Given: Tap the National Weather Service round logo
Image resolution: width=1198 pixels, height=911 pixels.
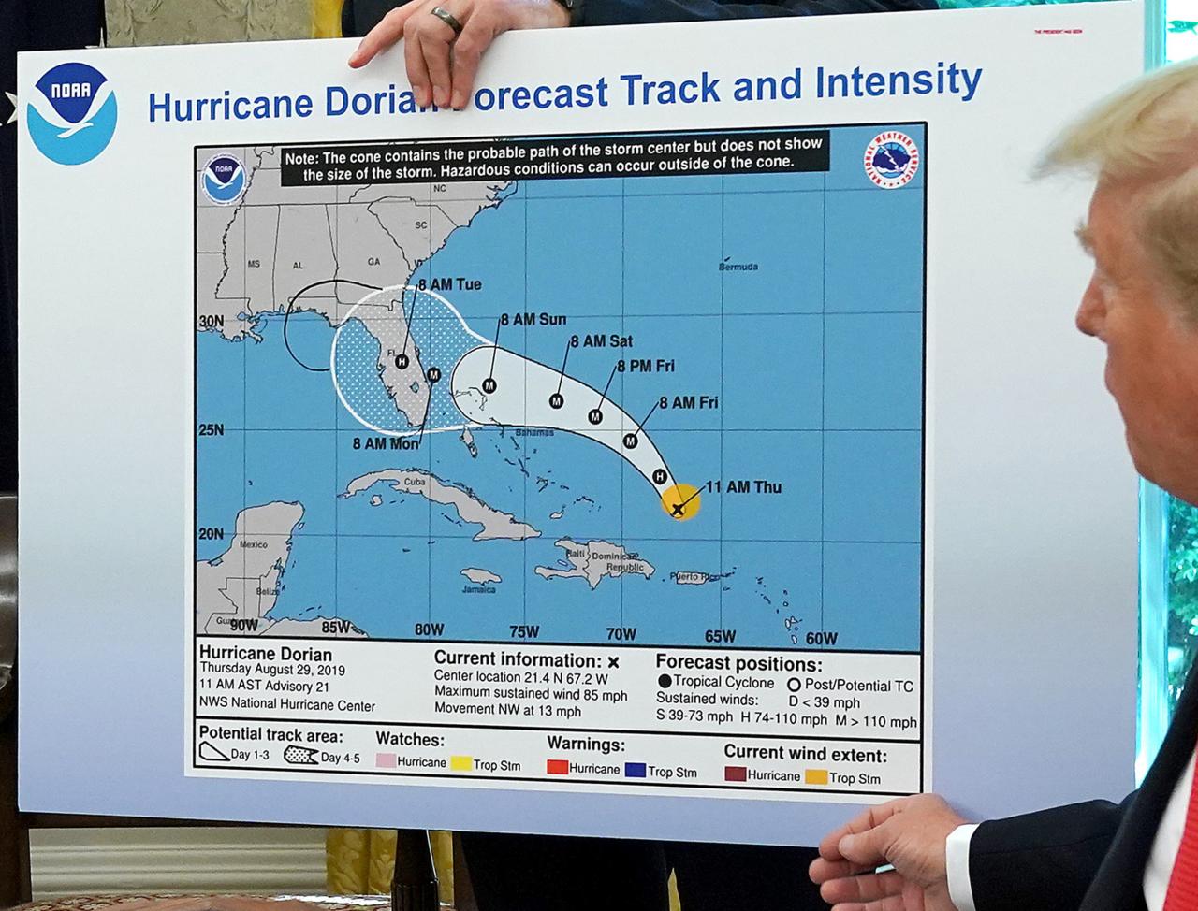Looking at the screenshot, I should click(890, 162).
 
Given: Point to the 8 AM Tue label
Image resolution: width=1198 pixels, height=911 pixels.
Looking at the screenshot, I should click(450, 285).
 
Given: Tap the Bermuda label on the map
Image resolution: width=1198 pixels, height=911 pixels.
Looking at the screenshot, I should click(738, 267).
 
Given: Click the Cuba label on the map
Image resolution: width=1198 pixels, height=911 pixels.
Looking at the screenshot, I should click(415, 483).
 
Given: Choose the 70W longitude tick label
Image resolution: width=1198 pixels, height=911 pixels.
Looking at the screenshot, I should click(621, 635).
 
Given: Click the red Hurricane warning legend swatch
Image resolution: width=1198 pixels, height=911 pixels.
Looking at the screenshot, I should click(557, 769).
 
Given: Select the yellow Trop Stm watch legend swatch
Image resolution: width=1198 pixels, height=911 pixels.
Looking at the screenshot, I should click(460, 764).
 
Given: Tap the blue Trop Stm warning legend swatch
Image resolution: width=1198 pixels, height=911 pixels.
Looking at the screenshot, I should click(636, 770).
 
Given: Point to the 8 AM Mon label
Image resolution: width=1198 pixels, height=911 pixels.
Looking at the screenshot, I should click(385, 443).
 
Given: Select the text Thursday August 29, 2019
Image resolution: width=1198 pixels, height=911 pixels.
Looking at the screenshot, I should click(272, 671).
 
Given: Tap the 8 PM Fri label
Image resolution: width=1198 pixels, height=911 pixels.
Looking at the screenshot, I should click(646, 367).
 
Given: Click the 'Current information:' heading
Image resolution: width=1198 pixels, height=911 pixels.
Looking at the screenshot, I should click(518, 660).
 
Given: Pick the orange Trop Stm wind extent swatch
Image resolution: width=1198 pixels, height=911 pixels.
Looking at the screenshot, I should click(816, 776).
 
